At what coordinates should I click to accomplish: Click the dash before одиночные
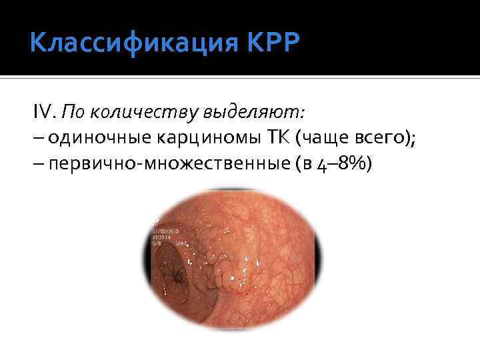click(36, 137)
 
